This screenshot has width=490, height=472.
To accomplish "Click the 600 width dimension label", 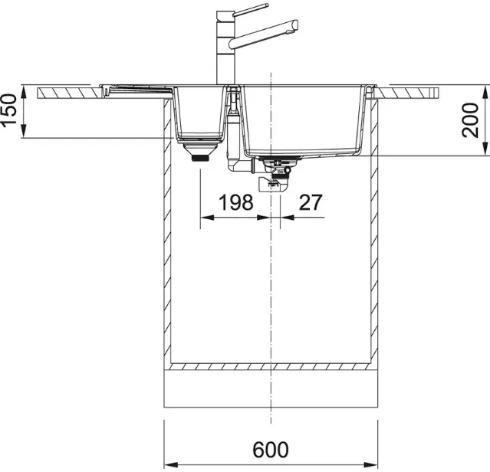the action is point(271,449).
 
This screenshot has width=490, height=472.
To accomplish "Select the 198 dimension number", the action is point(235,202).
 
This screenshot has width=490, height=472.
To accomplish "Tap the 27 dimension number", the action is point(311,202).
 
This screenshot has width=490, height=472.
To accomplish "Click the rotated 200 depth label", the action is point(470,120).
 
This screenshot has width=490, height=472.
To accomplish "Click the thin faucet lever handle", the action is point(251,9).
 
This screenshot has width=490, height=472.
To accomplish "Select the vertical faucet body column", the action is point(225,48).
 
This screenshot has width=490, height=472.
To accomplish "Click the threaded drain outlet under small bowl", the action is point(200,159).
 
